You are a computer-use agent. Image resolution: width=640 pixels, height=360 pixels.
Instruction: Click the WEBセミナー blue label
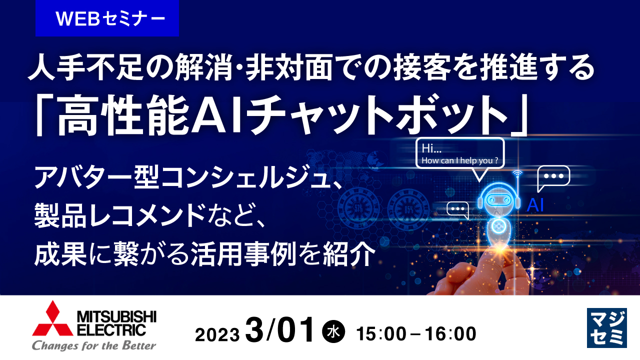[107, 18]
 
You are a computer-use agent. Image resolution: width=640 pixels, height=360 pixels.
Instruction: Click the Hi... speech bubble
[460, 154]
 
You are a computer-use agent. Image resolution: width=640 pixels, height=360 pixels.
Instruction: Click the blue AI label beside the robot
[535, 205]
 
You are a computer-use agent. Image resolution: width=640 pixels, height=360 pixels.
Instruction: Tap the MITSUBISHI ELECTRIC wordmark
[116, 322]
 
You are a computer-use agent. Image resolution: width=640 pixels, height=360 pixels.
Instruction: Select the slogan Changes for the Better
[94, 345]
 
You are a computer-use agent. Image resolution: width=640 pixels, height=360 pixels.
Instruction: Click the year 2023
[217, 334]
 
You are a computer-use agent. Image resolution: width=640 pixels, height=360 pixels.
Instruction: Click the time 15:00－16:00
[415, 334]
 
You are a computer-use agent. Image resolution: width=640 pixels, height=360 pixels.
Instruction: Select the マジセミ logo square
[606, 327]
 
